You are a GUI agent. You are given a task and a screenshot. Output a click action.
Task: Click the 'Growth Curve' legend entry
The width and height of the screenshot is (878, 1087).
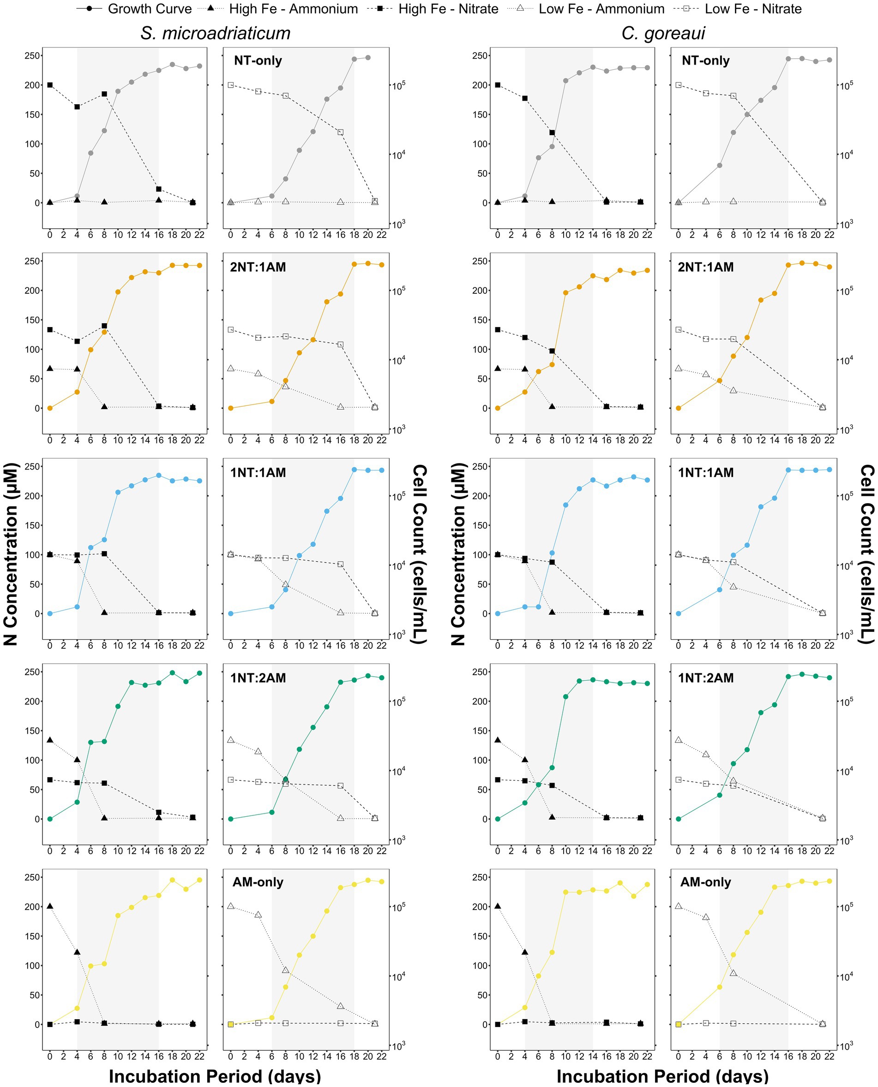pyautogui.click(x=134, y=9)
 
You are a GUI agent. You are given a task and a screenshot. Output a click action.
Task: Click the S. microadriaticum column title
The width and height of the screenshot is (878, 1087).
pyautogui.click(x=216, y=33)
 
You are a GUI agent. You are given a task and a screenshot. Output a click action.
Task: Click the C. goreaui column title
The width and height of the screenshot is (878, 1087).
pyautogui.click(x=663, y=33)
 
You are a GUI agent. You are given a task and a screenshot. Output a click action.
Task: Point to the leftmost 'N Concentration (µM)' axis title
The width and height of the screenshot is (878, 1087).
pyautogui.click(x=11, y=554)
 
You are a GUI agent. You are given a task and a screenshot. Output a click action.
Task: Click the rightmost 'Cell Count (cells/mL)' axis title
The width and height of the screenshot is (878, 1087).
pyautogui.click(x=867, y=554)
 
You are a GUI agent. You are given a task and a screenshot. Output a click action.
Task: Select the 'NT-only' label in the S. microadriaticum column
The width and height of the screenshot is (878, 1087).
pyautogui.click(x=258, y=60)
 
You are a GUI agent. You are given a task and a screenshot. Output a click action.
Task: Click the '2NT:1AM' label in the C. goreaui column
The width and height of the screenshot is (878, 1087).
pyautogui.click(x=705, y=267)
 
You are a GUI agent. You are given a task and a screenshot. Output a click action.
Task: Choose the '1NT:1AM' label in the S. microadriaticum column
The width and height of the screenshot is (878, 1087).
pyautogui.click(x=258, y=473)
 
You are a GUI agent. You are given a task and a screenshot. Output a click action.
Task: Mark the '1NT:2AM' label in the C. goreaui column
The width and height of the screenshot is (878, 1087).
pyautogui.click(x=705, y=677)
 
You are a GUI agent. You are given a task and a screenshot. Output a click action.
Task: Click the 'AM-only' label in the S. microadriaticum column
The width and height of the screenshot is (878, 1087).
pyautogui.click(x=258, y=882)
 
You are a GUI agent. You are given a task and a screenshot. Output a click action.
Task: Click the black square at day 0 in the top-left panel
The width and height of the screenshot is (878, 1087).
pyautogui.click(x=49, y=85)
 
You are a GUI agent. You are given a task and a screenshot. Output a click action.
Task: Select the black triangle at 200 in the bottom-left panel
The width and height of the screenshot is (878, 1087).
pyautogui.click(x=49, y=906)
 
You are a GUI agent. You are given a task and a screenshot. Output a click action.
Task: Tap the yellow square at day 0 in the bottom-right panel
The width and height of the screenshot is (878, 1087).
pyautogui.click(x=678, y=1024)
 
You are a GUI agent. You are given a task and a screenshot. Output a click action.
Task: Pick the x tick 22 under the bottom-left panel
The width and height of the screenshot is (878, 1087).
pyautogui.click(x=199, y=1056)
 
